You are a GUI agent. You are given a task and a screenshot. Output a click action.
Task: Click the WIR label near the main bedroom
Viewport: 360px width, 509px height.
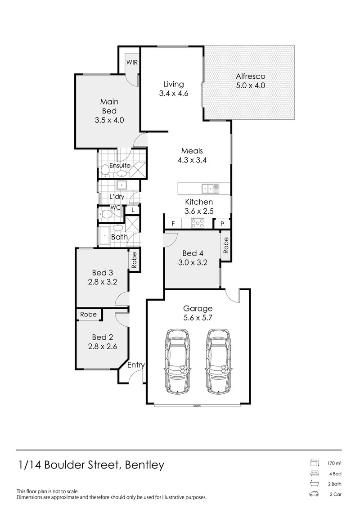pos(132,63)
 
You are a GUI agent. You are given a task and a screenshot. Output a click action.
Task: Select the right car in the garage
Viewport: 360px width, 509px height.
pos(220,361)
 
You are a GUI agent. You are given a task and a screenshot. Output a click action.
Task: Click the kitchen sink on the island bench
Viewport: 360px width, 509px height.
pos(210,188)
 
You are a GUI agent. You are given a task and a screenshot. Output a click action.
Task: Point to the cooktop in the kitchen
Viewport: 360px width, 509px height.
pos(198,223)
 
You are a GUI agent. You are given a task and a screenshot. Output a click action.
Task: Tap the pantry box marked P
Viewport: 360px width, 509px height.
pos(222,224)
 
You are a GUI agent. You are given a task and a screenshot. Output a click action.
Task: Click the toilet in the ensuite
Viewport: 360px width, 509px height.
pos(105,169)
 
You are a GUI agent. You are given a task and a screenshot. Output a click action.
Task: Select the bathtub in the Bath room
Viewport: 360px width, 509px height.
pos(104,236)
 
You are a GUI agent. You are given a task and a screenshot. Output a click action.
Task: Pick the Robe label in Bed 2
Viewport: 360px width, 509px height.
pos(88,314)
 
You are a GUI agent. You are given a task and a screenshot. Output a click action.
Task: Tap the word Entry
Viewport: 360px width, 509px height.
pos(135,365)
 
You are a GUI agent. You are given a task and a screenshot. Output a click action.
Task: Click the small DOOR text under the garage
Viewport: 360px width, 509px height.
pos(197,405)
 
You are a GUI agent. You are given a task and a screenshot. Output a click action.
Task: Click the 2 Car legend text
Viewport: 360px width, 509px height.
pos(336,494)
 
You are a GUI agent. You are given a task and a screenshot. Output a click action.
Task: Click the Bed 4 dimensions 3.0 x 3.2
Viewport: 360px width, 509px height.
pos(193,263)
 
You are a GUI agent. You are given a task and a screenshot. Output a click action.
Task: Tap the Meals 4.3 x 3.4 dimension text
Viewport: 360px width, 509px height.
pos(192,159)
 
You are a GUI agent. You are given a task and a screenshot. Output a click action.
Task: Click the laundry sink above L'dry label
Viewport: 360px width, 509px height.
pos(121,185)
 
